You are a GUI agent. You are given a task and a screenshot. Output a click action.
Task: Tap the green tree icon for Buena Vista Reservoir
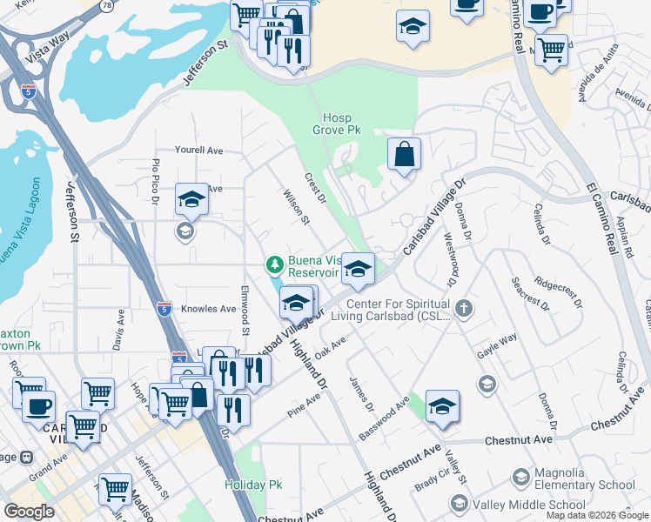[275, 264]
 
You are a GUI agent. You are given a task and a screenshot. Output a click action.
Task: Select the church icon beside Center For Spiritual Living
[466, 307]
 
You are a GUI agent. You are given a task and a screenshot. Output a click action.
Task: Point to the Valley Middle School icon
[459, 504]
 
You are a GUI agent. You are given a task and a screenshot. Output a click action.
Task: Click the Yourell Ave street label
[198, 151]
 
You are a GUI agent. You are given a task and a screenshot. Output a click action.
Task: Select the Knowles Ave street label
[209, 309]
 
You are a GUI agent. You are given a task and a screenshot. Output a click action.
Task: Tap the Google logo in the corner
[29, 512]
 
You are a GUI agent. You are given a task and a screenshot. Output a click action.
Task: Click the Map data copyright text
[597, 516]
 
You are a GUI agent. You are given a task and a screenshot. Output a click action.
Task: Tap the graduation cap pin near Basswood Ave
[442, 407]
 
